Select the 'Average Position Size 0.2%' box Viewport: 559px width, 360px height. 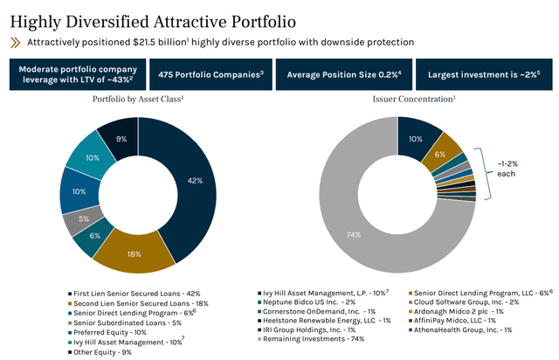(343, 75)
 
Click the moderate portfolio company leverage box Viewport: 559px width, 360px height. (76, 75)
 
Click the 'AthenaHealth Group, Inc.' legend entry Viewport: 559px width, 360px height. (459, 341)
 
